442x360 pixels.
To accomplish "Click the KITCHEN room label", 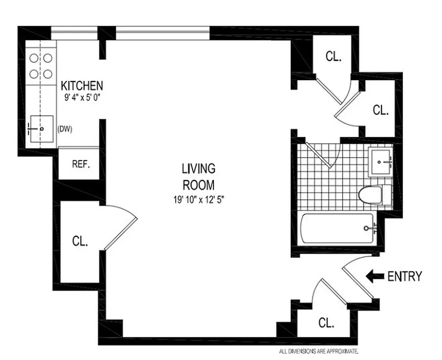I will (82, 85).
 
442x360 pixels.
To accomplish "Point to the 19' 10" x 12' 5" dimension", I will (198, 199).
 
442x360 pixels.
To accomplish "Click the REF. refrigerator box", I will (81, 164).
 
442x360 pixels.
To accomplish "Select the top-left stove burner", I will (34, 58).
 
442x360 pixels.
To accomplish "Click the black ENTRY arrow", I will (375, 276).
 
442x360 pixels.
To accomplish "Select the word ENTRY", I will (405, 276).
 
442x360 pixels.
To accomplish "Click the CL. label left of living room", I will (80, 241).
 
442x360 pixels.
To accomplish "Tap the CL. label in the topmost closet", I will (334, 57).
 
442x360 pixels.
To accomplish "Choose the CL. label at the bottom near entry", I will (326, 323).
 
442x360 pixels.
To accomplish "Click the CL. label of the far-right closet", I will (380, 110).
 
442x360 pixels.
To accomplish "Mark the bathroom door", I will (320, 156).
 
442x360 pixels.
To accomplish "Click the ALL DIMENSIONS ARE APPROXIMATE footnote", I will (318, 351).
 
